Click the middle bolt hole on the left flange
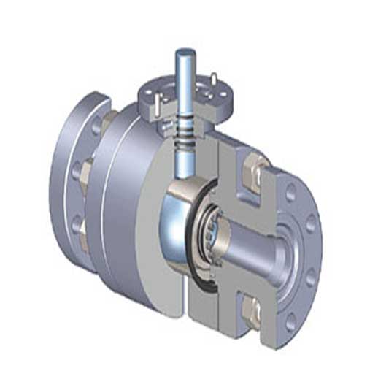point(77,171)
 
